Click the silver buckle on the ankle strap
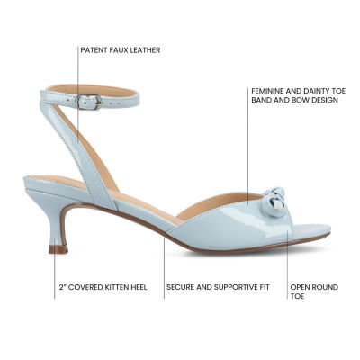coord(89,102)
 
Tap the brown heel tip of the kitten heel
coord(58,249)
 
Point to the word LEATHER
coord(146,50)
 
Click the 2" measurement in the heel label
coord(63,287)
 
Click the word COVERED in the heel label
coord(85,287)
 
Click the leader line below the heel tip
coord(55,276)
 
